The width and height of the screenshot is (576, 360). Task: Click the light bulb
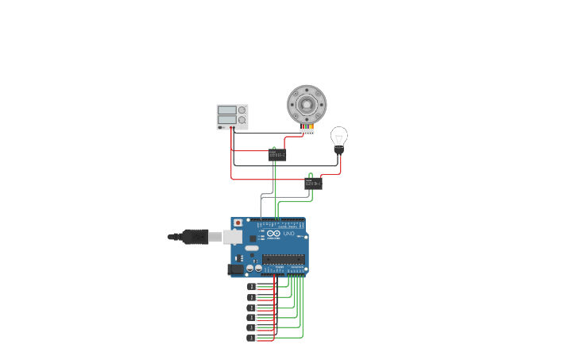coord(339,136)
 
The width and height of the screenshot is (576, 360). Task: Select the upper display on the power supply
coord(226,110)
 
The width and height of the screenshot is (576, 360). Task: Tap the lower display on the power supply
coord(226,120)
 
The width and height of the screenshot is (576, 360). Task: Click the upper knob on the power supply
coord(242,110)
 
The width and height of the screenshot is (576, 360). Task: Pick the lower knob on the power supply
coord(242,120)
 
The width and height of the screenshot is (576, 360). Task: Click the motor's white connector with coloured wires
coord(307,130)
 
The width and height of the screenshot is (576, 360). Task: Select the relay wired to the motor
coord(277,155)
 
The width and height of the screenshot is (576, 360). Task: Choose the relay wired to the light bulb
coord(314,183)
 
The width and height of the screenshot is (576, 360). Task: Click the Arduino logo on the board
coord(273,234)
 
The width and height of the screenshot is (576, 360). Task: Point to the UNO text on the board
coord(288,234)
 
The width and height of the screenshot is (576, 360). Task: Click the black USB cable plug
coord(194,236)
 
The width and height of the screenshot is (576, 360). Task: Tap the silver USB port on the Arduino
coord(233,236)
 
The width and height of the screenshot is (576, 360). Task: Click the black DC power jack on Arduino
coord(236,269)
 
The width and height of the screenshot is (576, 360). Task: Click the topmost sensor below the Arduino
coord(252,286)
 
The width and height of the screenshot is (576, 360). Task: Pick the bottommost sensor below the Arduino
coord(252,338)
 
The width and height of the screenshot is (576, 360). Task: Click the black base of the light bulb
coord(339,149)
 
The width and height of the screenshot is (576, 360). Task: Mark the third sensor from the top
coord(252,307)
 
